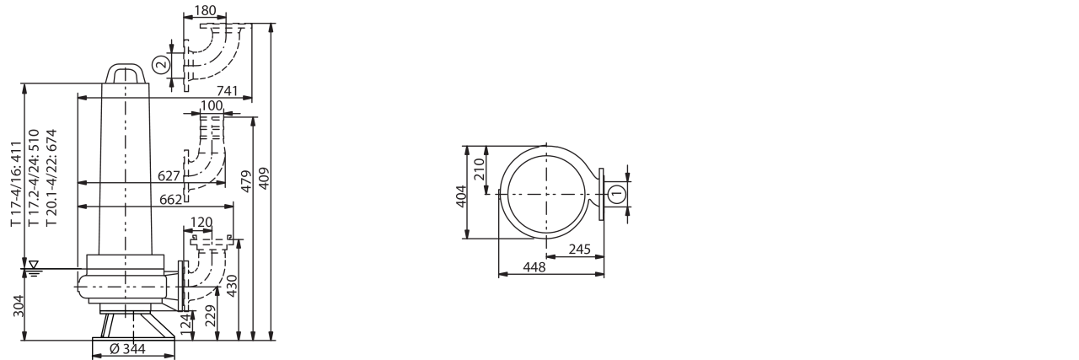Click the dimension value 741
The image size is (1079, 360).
pyautogui.click(x=228, y=90)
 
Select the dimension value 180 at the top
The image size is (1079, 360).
pyautogui.click(x=204, y=10)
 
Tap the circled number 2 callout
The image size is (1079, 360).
pyautogui.click(x=163, y=64)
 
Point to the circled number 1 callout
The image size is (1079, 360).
pyautogui.click(x=617, y=194)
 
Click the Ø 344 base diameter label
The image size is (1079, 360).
pyautogui.click(x=127, y=349)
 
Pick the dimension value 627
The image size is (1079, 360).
pyautogui.click(x=169, y=176)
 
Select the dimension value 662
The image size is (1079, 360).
pyautogui.click(x=171, y=199)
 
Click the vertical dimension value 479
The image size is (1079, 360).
pyautogui.click(x=246, y=180)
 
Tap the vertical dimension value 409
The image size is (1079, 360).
pyautogui.click(x=264, y=178)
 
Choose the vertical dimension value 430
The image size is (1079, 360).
pyautogui.click(x=232, y=286)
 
